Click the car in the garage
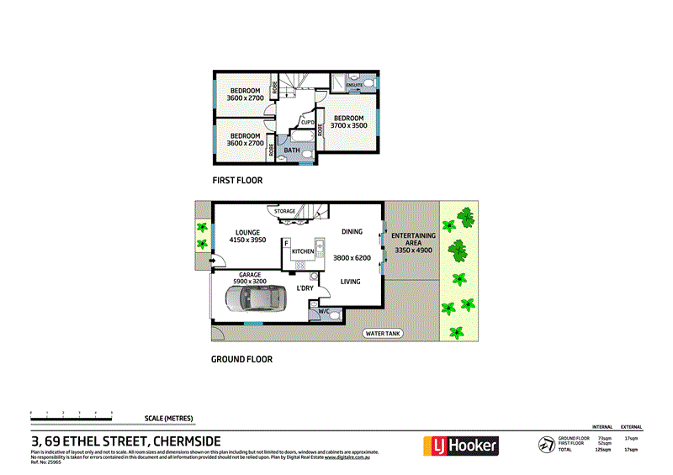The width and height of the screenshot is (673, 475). click(254, 298)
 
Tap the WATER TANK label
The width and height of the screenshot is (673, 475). click(384, 334)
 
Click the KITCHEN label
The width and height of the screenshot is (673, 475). click(303, 251)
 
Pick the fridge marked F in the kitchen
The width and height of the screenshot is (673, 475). click(287, 244)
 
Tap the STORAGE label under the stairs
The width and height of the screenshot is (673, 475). click(284, 212)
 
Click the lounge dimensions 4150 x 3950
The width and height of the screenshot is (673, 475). click(247, 241)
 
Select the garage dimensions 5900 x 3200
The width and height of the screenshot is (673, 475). click(248, 282)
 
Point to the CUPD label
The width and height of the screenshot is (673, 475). click(308, 123)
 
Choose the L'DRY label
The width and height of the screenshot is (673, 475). click(305, 288)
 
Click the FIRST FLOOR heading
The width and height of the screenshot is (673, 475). click(237, 181)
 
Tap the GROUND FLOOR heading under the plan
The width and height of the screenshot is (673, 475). click(241, 359)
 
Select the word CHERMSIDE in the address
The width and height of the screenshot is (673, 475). click(199, 442)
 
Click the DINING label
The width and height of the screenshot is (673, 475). click(352, 232)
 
